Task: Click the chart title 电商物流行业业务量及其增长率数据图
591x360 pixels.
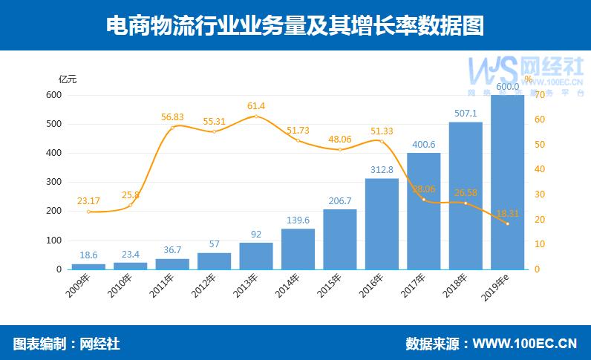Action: [x=295, y=26]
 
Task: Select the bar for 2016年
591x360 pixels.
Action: [x=382, y=223]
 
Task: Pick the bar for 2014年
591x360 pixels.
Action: [x=298, y=249]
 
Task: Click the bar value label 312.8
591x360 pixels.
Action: [x=382, y=170]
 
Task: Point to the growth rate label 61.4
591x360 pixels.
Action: [x=256, y=105]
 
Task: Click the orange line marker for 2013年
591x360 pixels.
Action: [x=256, y=117]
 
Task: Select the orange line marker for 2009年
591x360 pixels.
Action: [x=88, y=212]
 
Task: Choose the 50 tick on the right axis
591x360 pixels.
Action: [x=540, y=145]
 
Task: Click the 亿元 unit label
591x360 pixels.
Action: [x=68, y=79]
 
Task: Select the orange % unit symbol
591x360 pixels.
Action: [x=528, y=79]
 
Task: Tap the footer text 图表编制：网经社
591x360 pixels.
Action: [x=67, y=344]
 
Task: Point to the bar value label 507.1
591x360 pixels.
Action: [x=466, y=114]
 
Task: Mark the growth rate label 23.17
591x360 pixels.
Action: [x=88, y=200]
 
